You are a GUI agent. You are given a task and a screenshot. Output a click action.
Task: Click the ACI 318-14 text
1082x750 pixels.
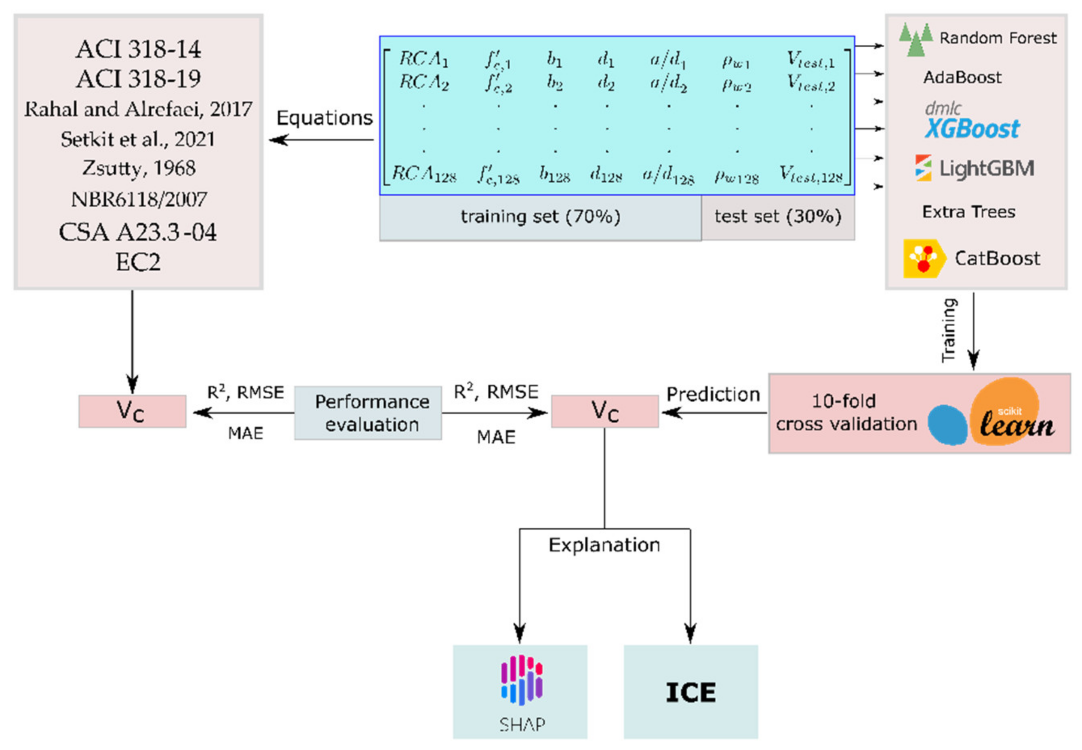tap(138, 49)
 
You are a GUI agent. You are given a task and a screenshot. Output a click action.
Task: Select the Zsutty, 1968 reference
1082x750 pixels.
tap(139, 168)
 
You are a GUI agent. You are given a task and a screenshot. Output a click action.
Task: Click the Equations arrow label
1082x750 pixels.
tap(324, 118)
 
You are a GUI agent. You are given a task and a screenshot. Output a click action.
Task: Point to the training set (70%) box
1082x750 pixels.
tap(540, 217)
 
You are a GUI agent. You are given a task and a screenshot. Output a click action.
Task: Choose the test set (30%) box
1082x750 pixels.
tap(778, 217)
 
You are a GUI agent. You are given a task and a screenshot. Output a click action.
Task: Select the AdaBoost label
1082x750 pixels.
tap(962, 77)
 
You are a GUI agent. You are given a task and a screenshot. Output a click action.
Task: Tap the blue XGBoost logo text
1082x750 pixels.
tap(972, 128)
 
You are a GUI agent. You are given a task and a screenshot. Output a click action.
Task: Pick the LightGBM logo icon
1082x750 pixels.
tap(923, 168)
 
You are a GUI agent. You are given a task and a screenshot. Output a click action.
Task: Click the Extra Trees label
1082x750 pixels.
tap(968, 212)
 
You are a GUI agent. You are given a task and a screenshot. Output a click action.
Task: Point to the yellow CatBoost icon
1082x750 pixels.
tap(923, 258)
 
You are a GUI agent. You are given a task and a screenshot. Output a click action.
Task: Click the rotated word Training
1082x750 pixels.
tap(948, 330)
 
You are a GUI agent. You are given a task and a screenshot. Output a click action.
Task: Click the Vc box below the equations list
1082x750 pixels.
tap(132, 411)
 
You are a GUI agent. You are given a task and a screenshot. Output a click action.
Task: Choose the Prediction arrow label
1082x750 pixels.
tap(713, 394)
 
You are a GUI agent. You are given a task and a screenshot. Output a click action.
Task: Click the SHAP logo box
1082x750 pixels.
tap(520, 691)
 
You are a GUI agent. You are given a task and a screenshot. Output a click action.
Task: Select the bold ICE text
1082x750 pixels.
tap(690, 692)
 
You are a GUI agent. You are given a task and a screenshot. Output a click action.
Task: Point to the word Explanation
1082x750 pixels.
tap(604, 545)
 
